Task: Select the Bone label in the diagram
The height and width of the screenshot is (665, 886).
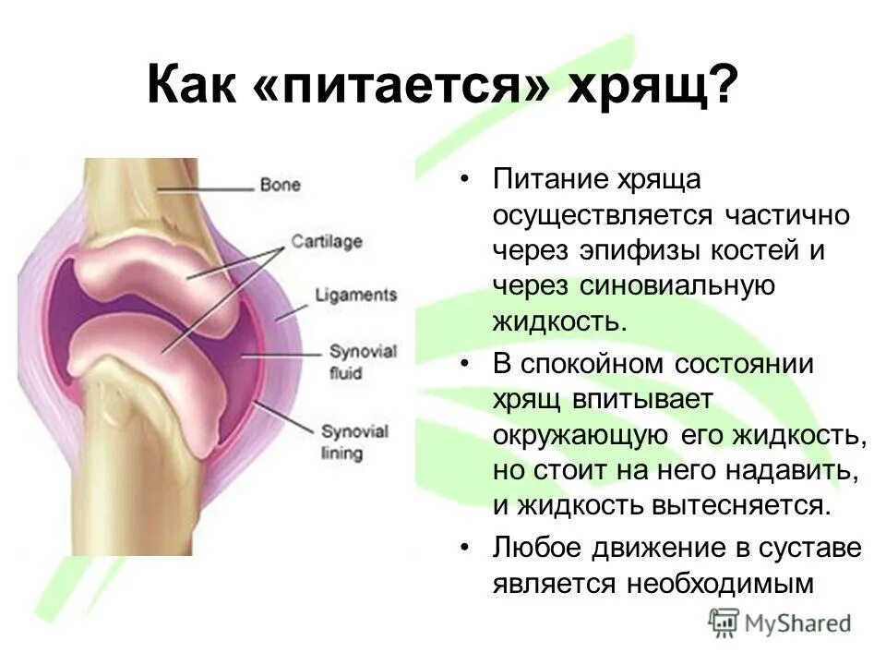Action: tap(281, 185)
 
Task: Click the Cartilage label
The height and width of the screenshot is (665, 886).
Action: tap(327, 242)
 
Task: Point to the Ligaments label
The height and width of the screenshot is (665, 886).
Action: tap(355, 296)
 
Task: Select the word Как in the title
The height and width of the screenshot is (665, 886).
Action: tap(187, 87)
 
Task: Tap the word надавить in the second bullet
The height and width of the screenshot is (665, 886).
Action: tap(796, 470)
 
